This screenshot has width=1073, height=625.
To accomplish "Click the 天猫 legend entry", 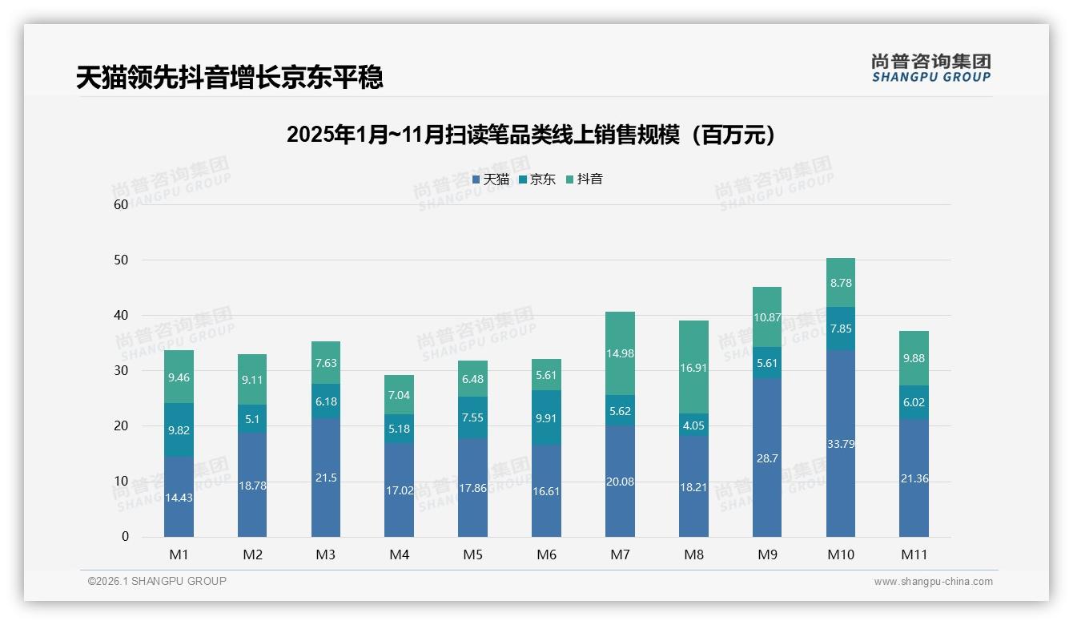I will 491,179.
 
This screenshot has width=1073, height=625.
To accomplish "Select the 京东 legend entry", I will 537,179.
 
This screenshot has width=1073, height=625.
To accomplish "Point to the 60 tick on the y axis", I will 121,204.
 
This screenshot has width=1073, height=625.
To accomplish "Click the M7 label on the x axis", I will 620,554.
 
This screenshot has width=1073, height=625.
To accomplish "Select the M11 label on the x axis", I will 914,554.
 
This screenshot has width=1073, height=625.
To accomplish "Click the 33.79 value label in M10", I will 840,444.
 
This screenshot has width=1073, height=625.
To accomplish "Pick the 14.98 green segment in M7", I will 620,353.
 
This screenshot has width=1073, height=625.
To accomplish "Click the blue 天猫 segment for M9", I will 767,458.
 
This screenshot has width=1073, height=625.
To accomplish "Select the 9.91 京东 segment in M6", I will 546,417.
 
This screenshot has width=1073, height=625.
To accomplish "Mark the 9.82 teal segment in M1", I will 179,429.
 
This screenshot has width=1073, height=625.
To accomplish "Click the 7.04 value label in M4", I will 399,395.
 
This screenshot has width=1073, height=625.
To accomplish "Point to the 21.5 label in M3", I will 326,478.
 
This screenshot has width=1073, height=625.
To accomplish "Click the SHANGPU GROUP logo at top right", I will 930,68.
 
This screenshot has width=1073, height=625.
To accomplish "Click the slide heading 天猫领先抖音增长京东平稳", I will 229,77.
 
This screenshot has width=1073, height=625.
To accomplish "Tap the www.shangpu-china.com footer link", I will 933,582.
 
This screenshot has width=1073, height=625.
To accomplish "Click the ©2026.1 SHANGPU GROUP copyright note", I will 157,581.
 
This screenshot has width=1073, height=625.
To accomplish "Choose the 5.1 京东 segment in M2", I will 252,418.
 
